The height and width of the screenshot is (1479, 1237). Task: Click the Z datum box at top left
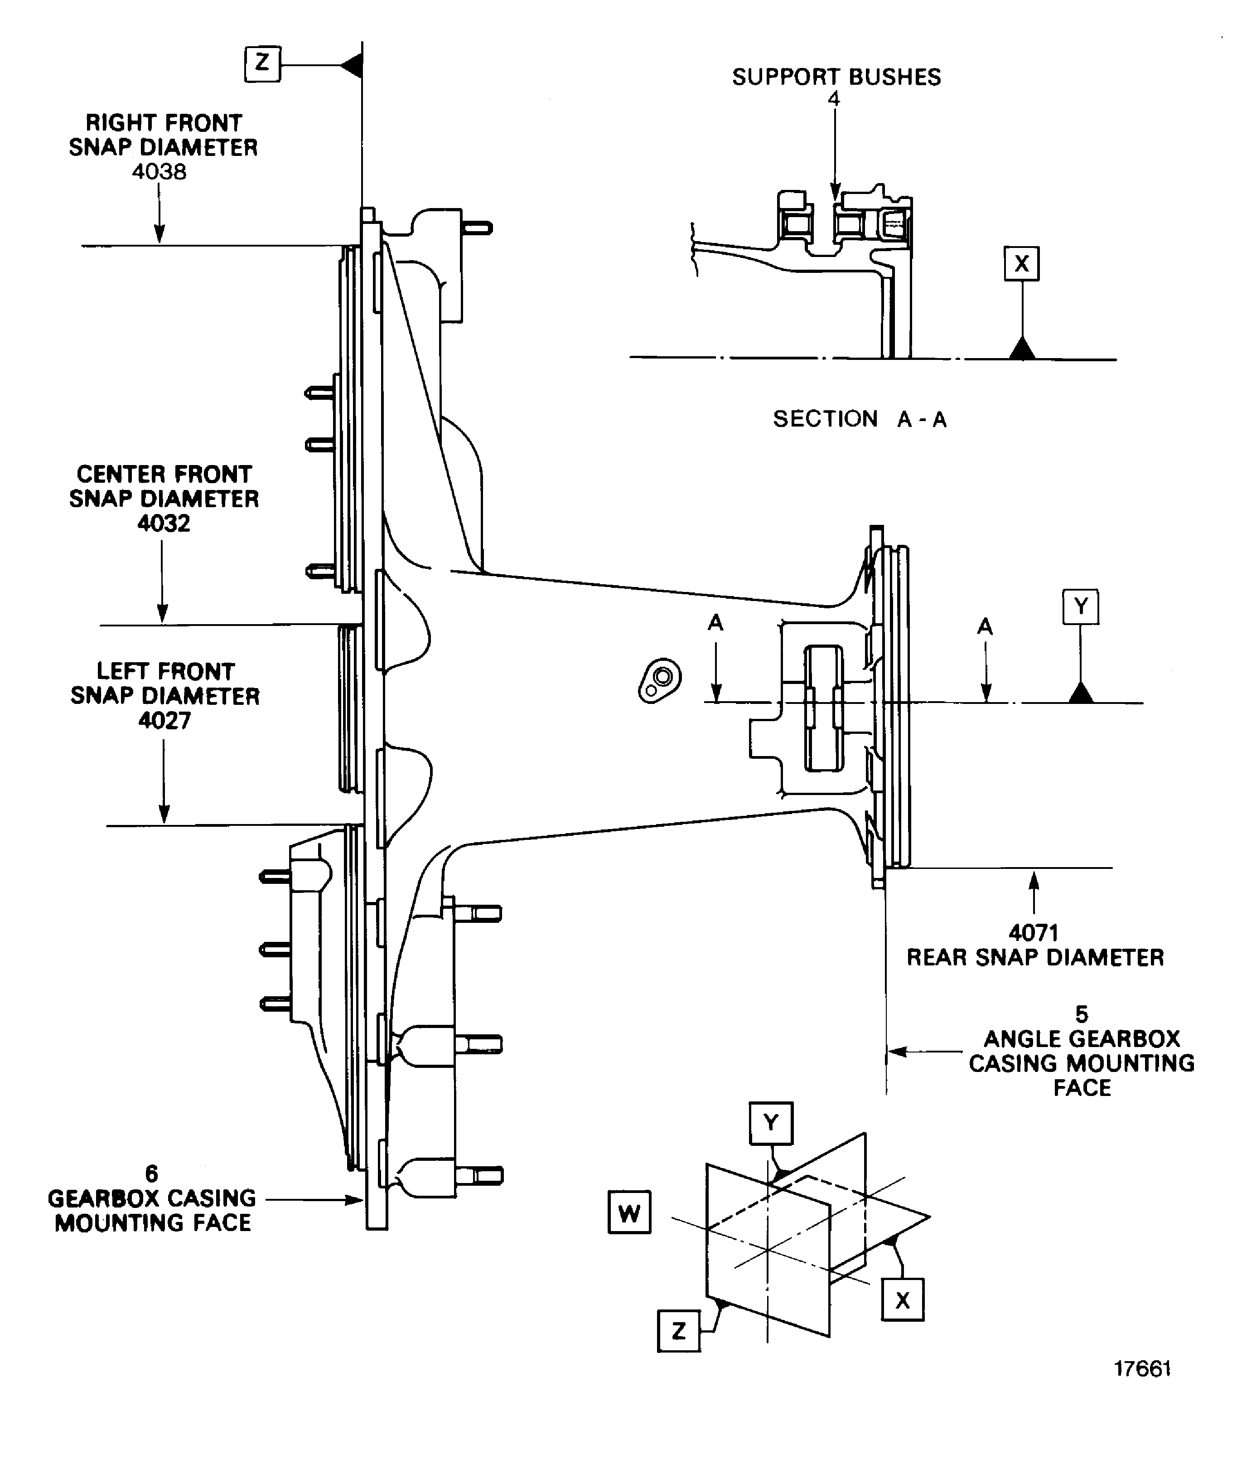coord(262,64)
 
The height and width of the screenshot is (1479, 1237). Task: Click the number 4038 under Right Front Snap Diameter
coord(159,172)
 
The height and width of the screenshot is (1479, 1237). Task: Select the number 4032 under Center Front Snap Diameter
coord(163,523)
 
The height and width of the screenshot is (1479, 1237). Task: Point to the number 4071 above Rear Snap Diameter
coord(1033,933)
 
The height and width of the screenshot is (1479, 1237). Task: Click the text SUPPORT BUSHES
coord(836,77)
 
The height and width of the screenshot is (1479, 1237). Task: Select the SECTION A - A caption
coord(860,419)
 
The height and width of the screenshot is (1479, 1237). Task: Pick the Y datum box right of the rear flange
coord(1080,606)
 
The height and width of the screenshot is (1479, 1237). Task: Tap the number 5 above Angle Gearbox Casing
coord(1082,1014)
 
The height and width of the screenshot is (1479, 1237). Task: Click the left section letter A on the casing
coord(715,623)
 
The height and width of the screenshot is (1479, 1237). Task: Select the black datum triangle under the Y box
coord(1081,693)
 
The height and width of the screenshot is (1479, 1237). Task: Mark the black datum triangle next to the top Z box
coord(352,66)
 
